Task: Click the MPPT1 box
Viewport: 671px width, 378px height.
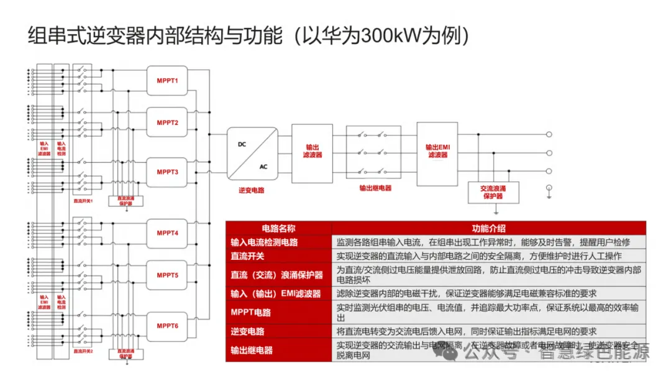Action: tap(167, 81)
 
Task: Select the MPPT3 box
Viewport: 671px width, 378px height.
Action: tap(167, 172)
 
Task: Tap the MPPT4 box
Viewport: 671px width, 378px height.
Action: tap(167, 233)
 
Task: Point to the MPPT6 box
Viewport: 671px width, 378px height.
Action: tap(167, 326)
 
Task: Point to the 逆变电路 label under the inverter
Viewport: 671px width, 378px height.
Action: tap(252, 190)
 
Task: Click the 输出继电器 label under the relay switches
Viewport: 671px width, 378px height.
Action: tap(375, 187)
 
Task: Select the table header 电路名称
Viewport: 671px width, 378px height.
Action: tap(278, 228)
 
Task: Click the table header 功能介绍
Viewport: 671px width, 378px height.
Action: tap(488, 228)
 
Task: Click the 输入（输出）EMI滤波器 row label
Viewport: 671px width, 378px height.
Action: tap(276, 293)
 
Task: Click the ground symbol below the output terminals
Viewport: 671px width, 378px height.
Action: tap(549, 190)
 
